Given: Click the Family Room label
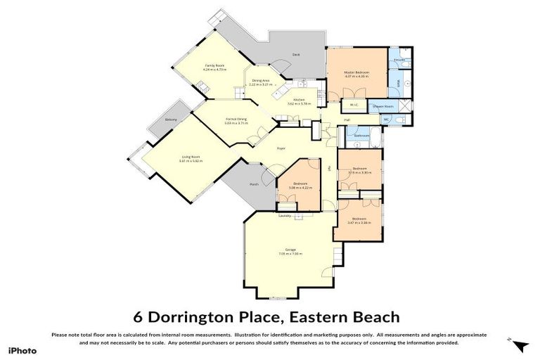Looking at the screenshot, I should tap(214, 65).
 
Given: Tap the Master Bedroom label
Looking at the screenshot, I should tap(357, 72).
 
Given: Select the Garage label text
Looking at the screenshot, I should tap(290, 250).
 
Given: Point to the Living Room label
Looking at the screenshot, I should tap(191, 157).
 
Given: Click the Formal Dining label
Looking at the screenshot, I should tap(236, 120).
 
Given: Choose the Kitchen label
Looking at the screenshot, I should tap(300, 100).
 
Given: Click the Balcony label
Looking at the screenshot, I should tap(171, 120).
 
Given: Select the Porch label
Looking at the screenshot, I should tap(254, 185).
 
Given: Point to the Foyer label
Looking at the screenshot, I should tap(281, 148).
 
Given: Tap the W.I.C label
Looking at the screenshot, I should tap(354, 106).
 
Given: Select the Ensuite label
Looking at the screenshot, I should tap(398, 60).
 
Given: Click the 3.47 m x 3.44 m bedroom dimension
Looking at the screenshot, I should tap(359, 223).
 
